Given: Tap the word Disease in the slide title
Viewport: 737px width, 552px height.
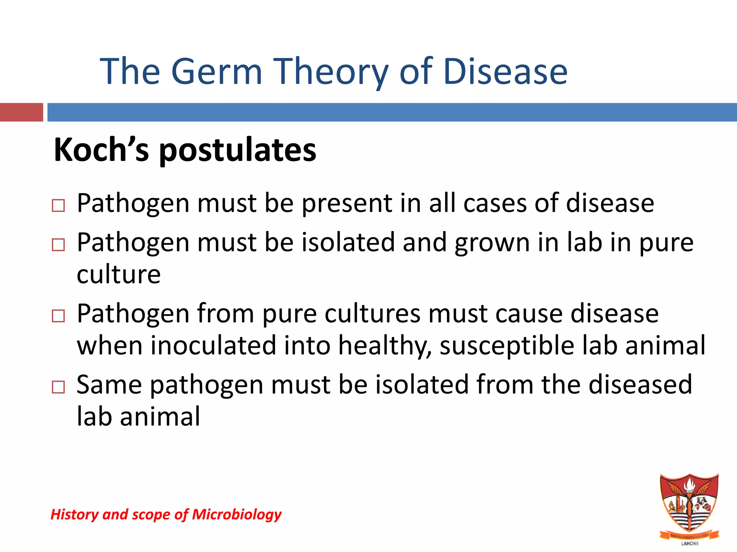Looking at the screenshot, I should (x=505, y=72).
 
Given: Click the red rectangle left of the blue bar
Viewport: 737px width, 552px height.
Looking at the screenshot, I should (x=21, y=112).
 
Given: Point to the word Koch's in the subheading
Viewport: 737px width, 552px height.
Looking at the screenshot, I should (x=101, y=150).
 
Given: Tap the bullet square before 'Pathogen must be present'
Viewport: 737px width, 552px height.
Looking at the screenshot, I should (x=58, y=206).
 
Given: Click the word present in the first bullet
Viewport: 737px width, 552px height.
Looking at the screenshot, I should (x=346, y=204).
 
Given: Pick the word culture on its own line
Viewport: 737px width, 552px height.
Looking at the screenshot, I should (x=118, y=275).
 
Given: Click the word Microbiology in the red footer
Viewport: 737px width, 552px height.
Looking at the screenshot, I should (x=236, y=515).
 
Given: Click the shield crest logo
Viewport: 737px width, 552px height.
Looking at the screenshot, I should (x=689, y=503).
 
